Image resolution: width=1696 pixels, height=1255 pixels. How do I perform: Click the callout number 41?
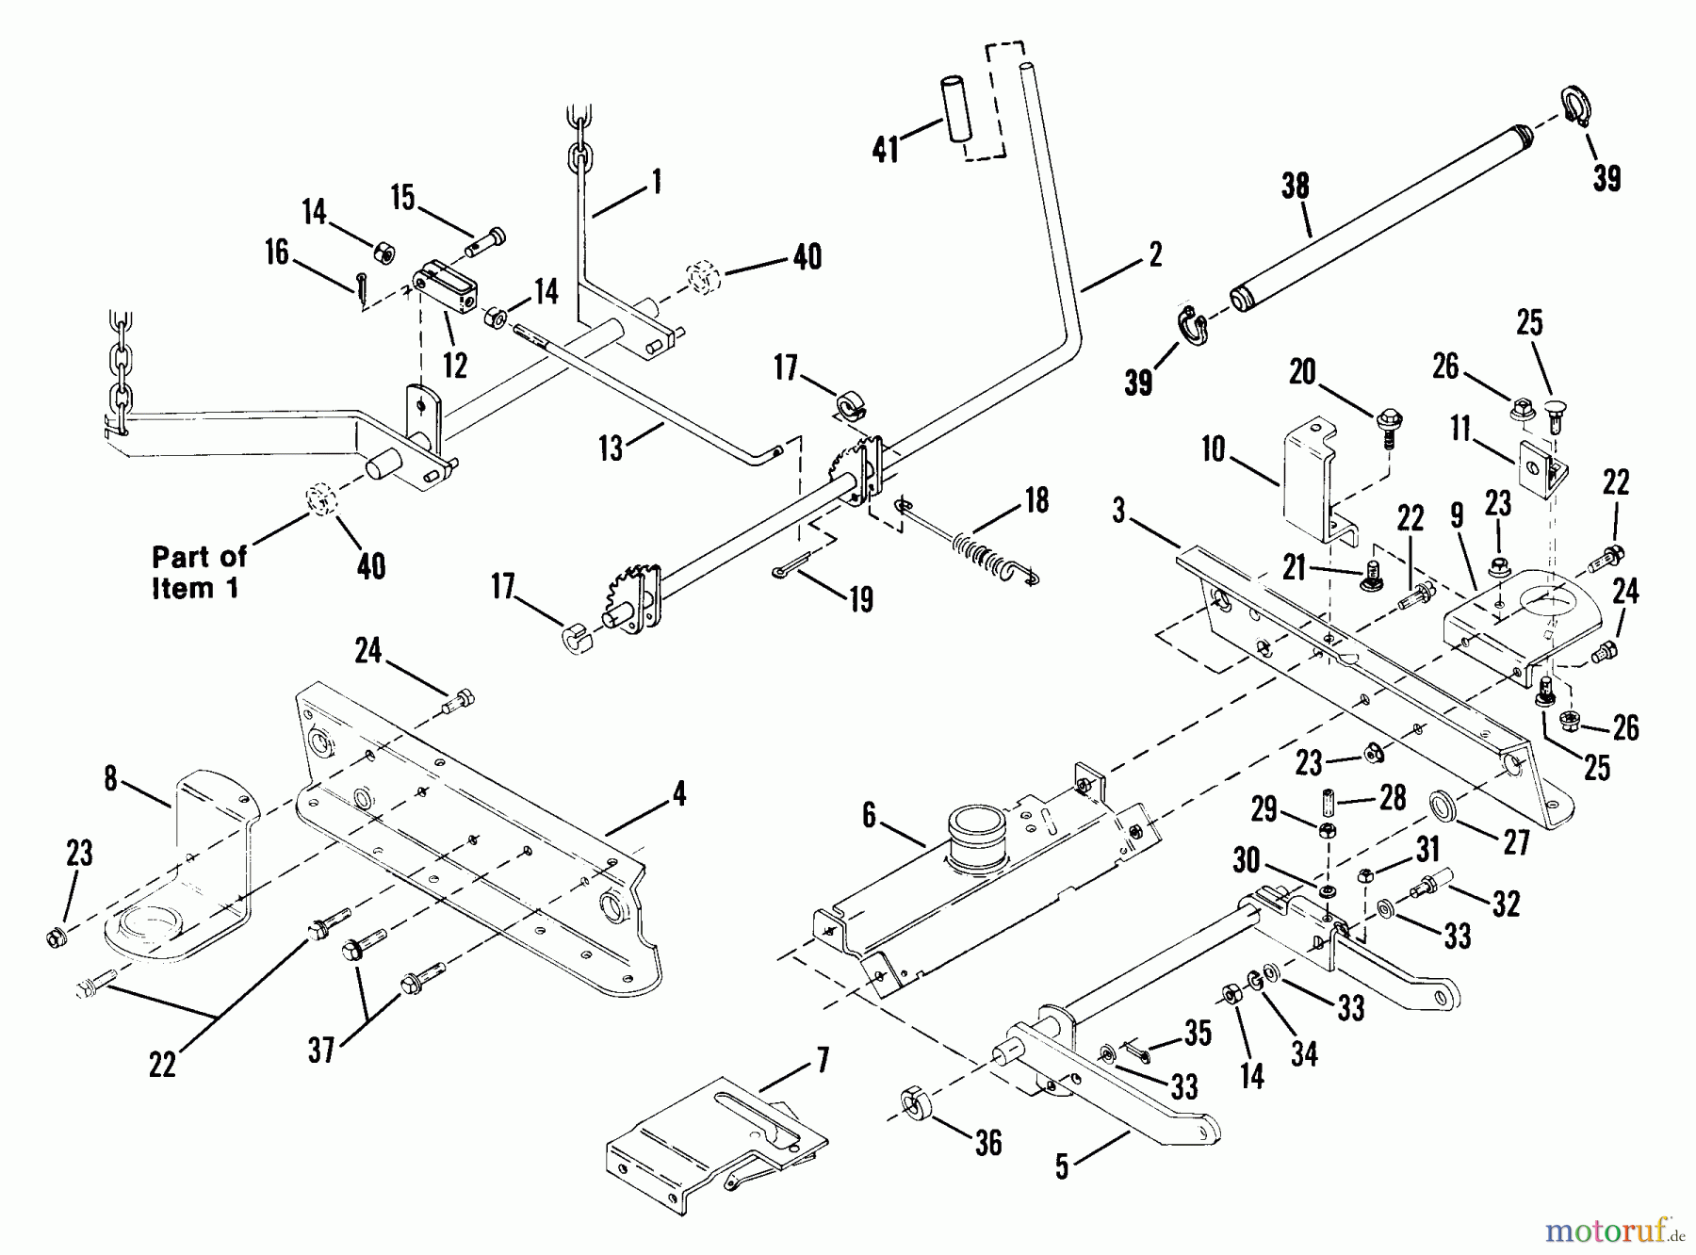[886, 149]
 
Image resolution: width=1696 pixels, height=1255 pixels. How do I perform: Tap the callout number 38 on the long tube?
[1295, 187]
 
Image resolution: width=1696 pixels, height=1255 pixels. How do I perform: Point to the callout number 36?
[987, 1143]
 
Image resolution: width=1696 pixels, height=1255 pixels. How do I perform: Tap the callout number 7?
[822, 1061]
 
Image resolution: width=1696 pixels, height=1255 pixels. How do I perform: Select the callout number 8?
[111, 780]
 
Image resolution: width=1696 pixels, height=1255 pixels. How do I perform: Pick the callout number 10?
[1213, 449]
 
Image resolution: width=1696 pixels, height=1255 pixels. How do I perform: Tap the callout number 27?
[1516, 841]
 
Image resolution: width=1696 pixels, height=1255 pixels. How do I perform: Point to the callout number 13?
[612, 448]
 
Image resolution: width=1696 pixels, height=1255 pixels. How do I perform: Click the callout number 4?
[677, 794]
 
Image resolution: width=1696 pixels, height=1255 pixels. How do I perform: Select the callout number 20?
[1302, 372]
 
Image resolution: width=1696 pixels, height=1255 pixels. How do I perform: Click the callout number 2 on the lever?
[1156, 254]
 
